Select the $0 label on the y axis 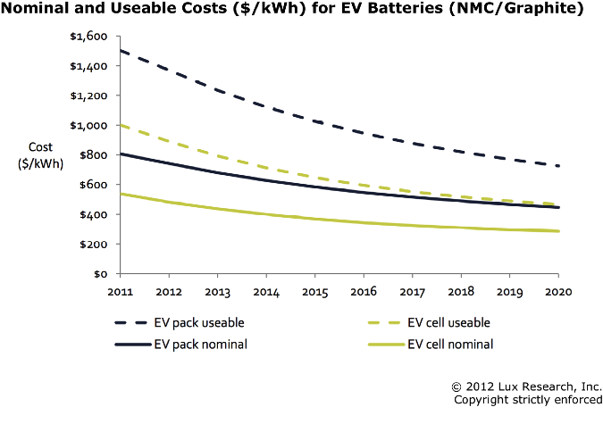point(103,274)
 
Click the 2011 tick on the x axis point(121,291)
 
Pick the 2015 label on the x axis point(315,291)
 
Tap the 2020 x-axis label point(557,291)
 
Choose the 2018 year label point(461,291)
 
